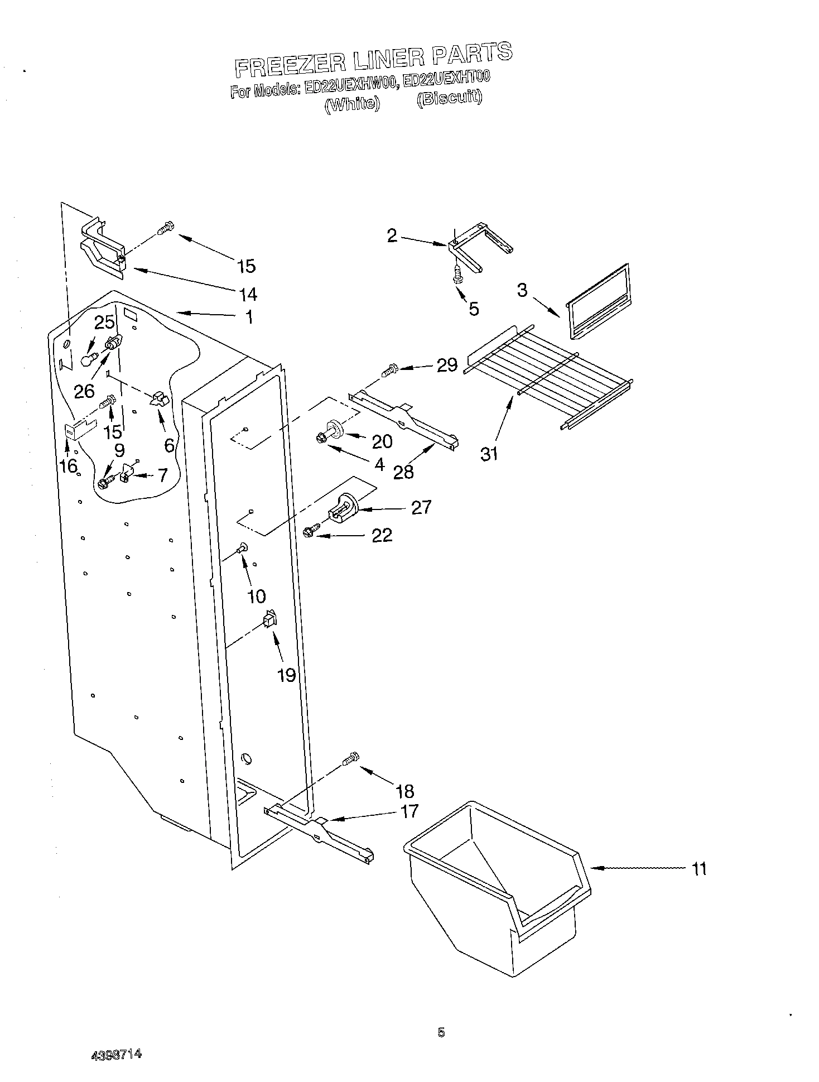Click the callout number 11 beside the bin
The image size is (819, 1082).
[698, 869]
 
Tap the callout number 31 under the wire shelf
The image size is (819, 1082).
[489, 454]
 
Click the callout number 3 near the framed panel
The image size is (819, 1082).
[522, 290]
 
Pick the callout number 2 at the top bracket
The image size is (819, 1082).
[393, 235]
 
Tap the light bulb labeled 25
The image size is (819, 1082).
[87, 359]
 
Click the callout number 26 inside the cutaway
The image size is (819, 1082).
[84, 391]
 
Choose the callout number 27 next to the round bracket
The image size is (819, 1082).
[421, 507]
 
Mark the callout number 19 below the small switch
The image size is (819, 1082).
[286, 675]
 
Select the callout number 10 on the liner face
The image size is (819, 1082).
[256, 596]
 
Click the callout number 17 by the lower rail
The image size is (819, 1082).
[409, 811]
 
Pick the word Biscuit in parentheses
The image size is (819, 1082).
[450, 98]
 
